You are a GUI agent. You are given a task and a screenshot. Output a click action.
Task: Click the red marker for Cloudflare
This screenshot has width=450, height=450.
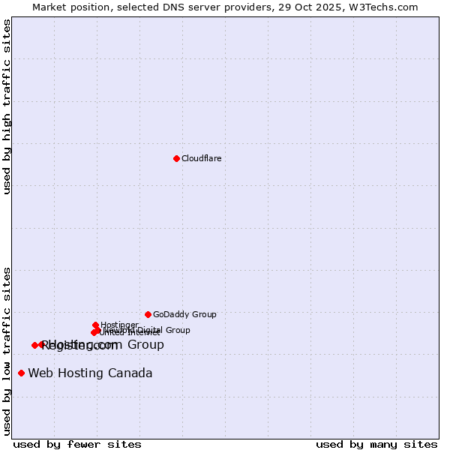[176, 158]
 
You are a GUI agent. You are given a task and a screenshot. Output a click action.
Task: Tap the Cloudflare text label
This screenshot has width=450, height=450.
[201, 158]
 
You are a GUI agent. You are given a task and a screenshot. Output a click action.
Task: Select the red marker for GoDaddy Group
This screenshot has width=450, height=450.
[148, 314]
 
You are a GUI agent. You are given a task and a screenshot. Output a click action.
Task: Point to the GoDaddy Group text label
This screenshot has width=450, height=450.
[184, 314]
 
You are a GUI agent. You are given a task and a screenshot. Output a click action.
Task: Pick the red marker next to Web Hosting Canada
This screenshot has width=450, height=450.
[21, 373]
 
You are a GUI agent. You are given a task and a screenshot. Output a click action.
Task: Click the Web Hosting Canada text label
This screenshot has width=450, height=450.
[90, 373]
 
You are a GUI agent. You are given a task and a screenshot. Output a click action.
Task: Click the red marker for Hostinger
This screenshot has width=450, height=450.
[95, 325]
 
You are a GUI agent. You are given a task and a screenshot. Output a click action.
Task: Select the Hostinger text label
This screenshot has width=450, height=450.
[119, 325]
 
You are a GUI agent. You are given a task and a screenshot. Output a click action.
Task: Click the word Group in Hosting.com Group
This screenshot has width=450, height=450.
[145, 344]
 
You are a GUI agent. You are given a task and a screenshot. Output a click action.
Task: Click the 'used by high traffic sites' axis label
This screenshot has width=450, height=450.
[7, 106]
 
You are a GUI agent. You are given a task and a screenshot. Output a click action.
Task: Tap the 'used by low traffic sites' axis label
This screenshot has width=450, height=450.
[7, 350]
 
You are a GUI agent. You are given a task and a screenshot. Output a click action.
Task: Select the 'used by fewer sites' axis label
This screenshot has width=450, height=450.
[77, 444]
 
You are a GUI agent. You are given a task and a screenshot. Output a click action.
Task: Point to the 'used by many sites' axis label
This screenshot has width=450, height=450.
[376, 444]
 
